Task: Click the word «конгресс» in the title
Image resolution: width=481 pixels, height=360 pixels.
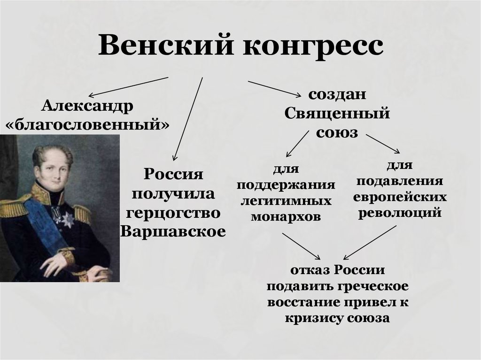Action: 313,46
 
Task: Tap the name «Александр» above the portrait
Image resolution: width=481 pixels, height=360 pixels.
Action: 87,107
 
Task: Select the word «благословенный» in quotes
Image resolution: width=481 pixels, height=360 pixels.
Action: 87,124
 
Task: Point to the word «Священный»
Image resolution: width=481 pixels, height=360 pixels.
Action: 337,114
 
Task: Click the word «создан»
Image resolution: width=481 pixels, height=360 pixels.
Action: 337,94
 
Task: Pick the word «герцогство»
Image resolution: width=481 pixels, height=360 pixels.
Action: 173,213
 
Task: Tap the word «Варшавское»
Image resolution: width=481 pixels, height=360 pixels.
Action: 173,231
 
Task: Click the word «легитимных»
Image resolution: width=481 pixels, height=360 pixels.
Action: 286,201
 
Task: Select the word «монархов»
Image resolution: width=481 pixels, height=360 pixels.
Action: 286,217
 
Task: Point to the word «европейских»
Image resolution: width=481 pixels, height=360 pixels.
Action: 400,197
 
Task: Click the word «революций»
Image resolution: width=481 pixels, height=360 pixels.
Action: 400,213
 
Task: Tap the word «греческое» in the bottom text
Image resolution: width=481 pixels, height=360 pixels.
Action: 373,286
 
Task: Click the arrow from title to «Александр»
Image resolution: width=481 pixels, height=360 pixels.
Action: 128,87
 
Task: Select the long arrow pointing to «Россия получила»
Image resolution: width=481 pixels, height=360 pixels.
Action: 188,119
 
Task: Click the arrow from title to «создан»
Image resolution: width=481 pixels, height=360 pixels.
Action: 274,89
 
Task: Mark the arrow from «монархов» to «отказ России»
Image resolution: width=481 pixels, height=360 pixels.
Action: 301,246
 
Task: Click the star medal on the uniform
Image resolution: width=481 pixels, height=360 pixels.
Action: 68,220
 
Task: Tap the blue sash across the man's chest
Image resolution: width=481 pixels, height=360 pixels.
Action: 46,224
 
